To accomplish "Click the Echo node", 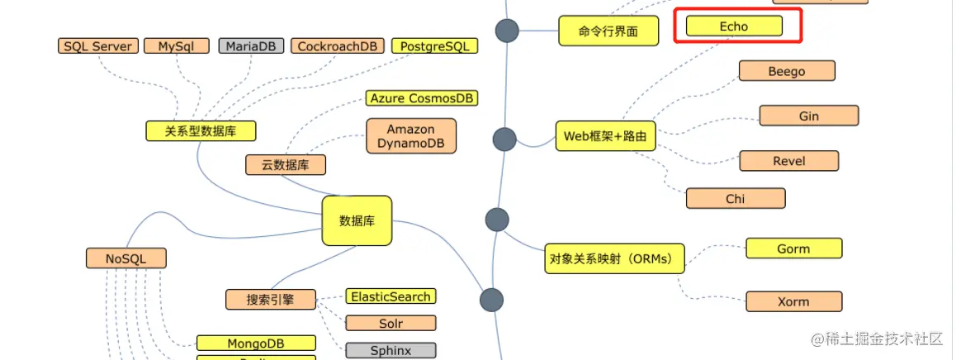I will [734, 26].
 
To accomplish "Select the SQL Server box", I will [97, 46].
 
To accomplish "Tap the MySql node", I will [177, 46].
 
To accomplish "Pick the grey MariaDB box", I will [252, 46].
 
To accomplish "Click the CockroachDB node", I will [339, 46].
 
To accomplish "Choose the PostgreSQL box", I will [434, 46].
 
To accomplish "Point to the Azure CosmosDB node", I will [422, 98].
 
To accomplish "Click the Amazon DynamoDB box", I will [410, 135].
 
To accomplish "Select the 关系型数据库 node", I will [201, 130].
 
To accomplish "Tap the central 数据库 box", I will [357, 220].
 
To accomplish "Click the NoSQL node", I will [125, 258].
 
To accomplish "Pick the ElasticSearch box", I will [390, 296].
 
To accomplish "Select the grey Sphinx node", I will [390, 350].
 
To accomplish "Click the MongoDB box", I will [256, 343].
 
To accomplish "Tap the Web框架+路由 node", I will [605, 135].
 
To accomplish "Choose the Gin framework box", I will [808, 116].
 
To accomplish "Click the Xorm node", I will [793, 301].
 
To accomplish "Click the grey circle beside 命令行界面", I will [506, 31].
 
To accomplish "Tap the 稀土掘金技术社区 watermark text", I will [883, 339].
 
